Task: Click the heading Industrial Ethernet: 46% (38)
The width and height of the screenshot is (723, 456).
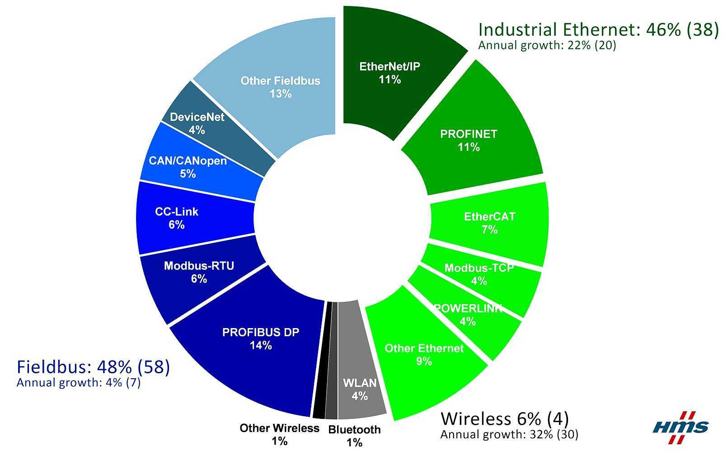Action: tap(598, 30)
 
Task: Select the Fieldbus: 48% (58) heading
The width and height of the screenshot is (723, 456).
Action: tap(93, 367)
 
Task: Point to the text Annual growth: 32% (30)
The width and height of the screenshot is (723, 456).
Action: tap(509, 435)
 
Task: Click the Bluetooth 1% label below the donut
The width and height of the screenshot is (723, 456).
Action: tap(354, 436)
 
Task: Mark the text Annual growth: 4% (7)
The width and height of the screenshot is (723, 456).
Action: tap(78, 383)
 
